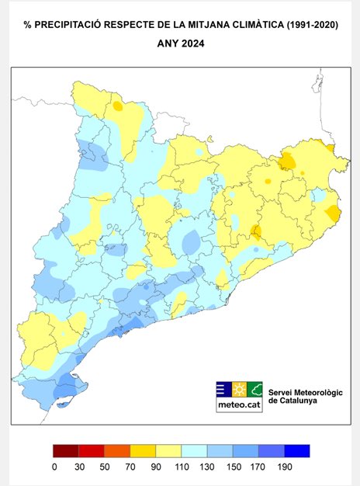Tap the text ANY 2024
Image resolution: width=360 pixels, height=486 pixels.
(180, 44)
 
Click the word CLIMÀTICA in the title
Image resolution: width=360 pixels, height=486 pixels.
(249, 26)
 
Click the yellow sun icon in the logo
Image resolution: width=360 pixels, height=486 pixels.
(238, 389)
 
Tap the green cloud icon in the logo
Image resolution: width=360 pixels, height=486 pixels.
(254, 389)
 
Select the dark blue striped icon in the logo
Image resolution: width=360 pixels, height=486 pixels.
(222, 389)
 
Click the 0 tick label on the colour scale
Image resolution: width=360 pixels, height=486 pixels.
(54, 467)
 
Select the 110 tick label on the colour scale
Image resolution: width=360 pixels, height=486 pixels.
(181, 467)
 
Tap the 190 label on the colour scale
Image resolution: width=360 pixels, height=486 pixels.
(283, 467)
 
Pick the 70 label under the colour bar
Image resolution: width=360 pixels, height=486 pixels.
(130, 467)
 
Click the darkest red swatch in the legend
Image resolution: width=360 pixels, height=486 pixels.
(66, 451)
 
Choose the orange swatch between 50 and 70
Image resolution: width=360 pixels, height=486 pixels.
(117, 451)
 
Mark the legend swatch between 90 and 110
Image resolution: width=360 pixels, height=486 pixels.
(168, 451)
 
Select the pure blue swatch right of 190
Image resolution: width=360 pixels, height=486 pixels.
(296, 451)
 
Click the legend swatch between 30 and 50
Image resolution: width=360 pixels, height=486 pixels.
(92, 451)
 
